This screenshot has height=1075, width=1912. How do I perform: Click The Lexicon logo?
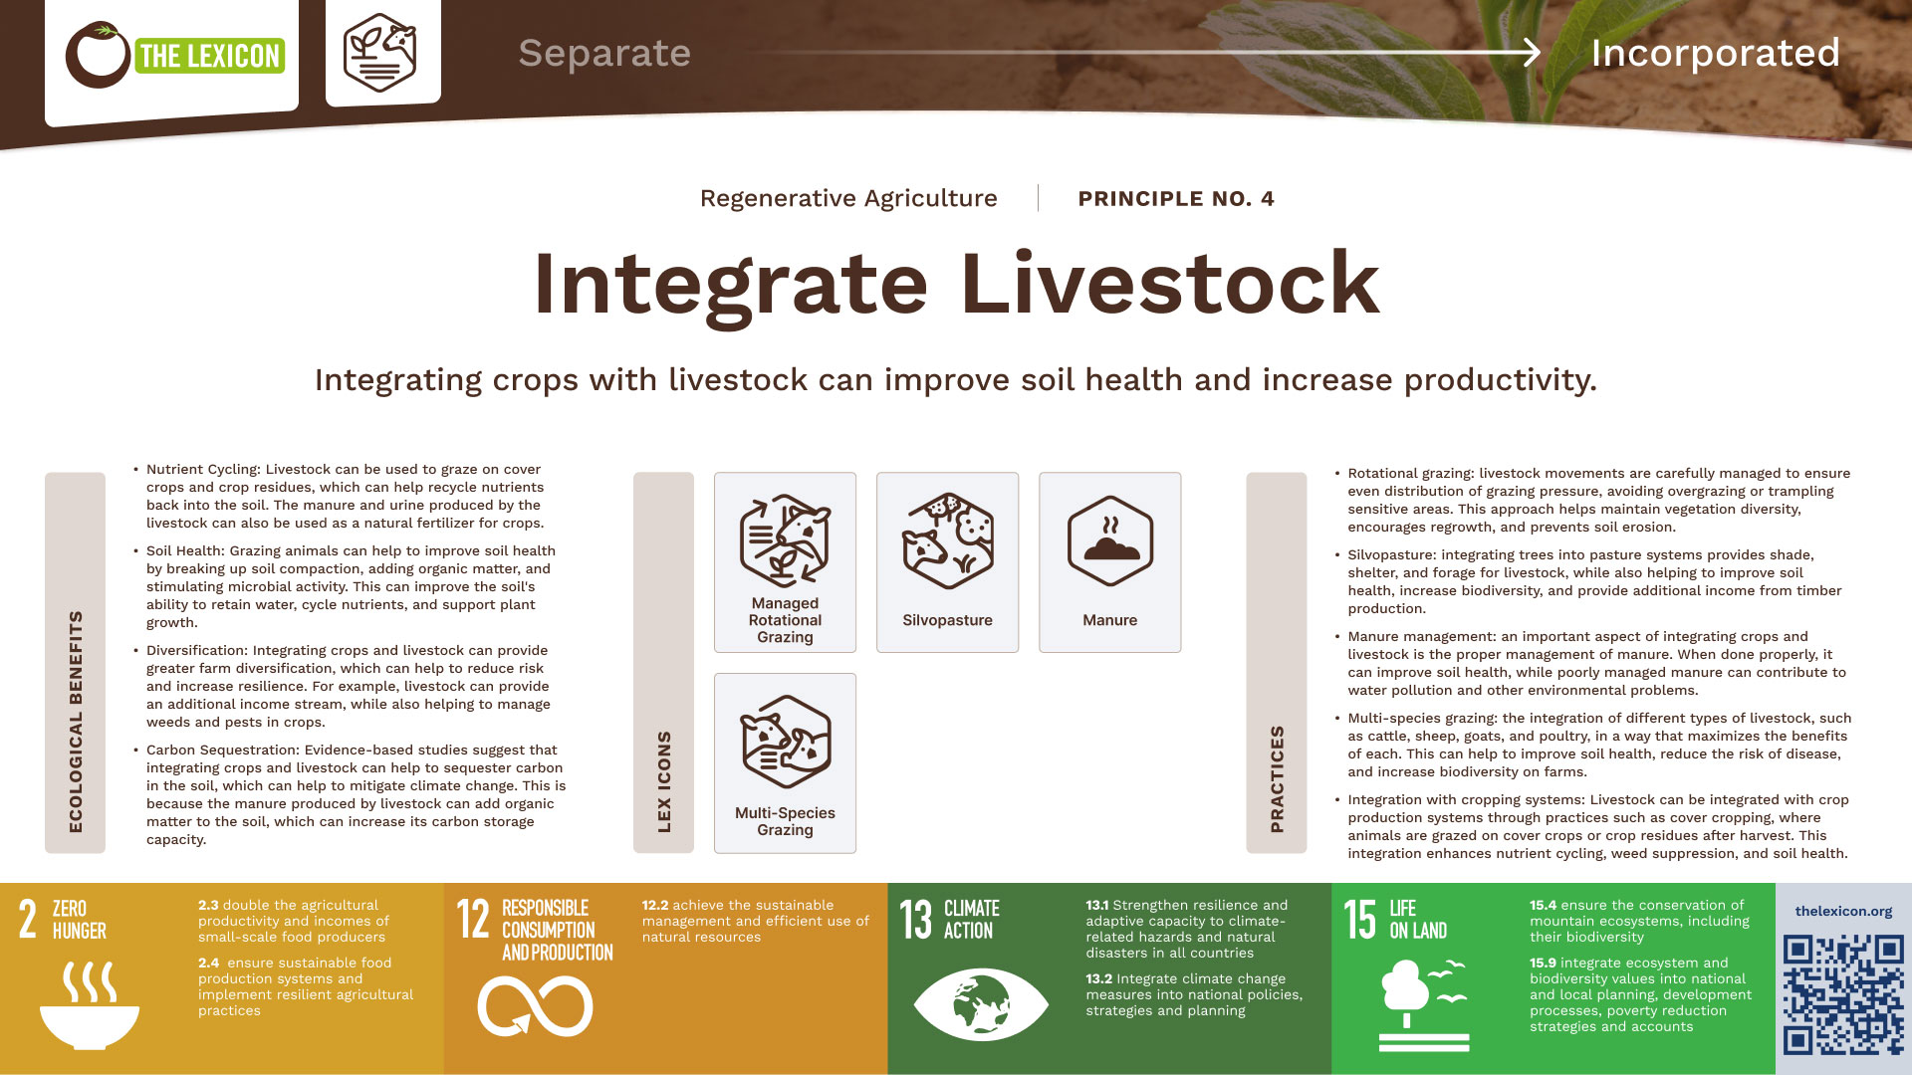pyautogui.click(x=175, y=55)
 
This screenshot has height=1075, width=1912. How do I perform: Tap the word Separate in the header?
pyautogui.click(x=604, y=53)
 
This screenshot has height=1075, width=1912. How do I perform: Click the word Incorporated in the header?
pyautogui.click(x=1715, y=53)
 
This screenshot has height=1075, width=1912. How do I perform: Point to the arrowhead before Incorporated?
pyautogui.click(x=1532, y=53)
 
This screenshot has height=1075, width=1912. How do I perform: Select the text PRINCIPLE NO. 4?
pyautogui.click(x=1176, y=198)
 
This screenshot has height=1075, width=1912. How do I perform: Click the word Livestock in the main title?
pyautogui.click(x=1170, y=284)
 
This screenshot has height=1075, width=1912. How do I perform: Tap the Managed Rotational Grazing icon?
pyautogui.click(x=785, y=539)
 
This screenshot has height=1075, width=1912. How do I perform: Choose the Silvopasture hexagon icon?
pyautogui.click(x=947, y=539)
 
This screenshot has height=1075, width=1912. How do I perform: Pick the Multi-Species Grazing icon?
pyautogui.click(x=785, y=743)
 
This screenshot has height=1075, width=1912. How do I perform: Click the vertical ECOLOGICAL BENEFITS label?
pyautogui.click(x=76, y=722)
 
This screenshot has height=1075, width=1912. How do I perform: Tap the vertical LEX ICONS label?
pyautogui.click(x=664, y=781)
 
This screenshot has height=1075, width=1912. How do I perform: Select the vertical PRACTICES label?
pyautogui.click(x=1277, y=778)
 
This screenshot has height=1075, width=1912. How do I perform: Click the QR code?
pyautogui.click(x=1843, y=993)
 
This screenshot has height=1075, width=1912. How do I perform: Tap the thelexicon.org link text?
pyautogui.click(x=1843, y=911)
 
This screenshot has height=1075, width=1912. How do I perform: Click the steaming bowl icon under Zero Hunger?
pyautogui.click(x=90, y=1005)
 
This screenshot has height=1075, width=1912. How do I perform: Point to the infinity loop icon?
pyautogui.click(x=535, y=1006)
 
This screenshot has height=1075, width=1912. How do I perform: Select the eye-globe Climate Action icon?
pyautogui.click(x=981, y=1003)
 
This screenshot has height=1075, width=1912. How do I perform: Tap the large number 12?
pyautogui.click(x=473, y=919)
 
